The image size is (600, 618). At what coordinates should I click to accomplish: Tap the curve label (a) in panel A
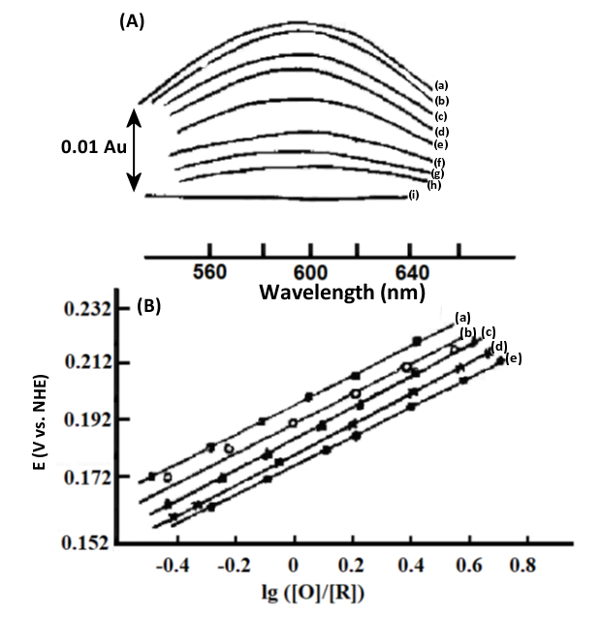coord(439,85)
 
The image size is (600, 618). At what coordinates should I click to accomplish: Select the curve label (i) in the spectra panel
coord(414,197)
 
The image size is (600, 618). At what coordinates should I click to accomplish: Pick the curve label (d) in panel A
coord(440,131)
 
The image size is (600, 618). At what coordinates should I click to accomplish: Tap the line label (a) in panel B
coord(462,317)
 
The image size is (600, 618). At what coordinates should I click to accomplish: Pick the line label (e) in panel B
coord(513,358)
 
